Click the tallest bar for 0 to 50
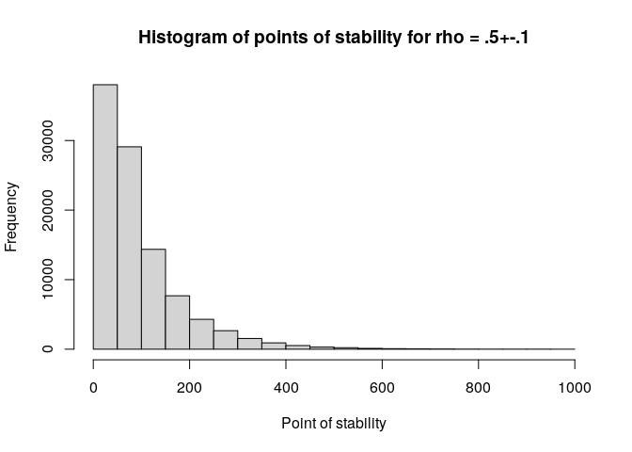105,217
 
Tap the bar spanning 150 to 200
178,322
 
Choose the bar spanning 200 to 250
201,334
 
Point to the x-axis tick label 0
93,387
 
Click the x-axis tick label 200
189,387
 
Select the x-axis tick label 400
286,387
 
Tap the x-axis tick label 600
382,387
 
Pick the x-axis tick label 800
479,387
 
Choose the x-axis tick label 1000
575,387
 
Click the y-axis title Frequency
12,217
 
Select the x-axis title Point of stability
334,424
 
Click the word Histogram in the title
178,39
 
